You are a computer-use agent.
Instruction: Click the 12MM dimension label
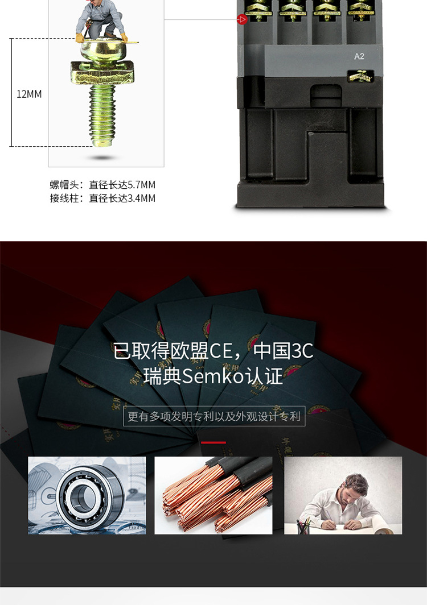pyautogui.click(x=29, y=94)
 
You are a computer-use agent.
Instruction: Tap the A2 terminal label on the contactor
pyautogui.click(x=359, y=56)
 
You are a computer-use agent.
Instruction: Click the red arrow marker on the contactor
pyautogui.click(x=242, y=20)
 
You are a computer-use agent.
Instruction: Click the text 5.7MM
pyautogui.click(x=141, y=185)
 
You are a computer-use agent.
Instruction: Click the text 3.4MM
pyautogui.click(x=141, y=198)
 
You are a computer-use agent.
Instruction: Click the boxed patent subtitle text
pyautogui.click(x=214, y=416)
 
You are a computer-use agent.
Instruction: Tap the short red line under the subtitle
pyautogui.click(x=213, y=442)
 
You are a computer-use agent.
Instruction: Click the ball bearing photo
pyautogui.click(x=87, y=495)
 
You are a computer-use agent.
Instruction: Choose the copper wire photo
pyautogui.click(x=213, y=495)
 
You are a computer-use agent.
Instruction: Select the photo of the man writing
pyautogui.click(x=343, y=495)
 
